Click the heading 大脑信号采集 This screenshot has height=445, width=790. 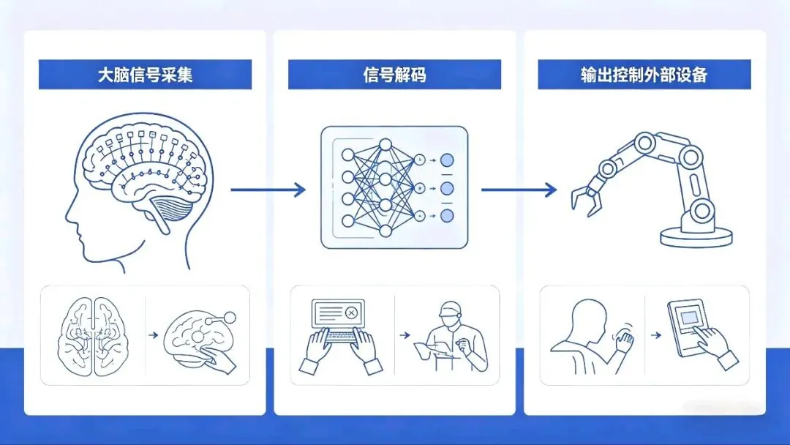pos(145,75)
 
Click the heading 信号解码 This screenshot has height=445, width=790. pos(394,75)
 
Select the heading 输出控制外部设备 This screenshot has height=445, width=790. pos(644,75)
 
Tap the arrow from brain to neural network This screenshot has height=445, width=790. pos(268,190)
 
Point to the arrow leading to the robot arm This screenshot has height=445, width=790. pos(519,190)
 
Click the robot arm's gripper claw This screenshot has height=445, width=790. pos(584,195)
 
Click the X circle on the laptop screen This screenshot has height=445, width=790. pos(351,313)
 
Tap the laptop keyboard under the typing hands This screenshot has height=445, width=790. pos(342,336)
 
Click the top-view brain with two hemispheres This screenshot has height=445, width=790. pos(94,333)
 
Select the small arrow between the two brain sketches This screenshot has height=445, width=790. pos(153,335)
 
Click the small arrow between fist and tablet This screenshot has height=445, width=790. pos(655,335)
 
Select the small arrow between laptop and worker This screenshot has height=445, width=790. pos(404,335)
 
